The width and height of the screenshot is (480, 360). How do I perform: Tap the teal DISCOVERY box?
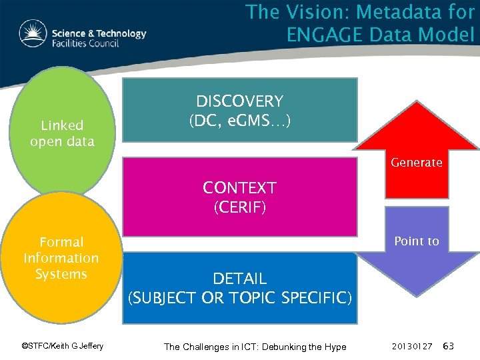click(x=239, y=110)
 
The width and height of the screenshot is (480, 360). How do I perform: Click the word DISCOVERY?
click(x=239, y=101)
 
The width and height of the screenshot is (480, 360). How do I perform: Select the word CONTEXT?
click(x=239, y=188)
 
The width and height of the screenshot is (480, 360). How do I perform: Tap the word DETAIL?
click(x=239, y=279)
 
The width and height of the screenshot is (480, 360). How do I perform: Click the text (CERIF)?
click(x=239, y=207)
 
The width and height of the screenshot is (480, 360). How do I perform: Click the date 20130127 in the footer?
click(x=413, y=347)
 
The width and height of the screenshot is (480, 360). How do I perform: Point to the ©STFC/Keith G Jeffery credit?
click(x=63, y=346)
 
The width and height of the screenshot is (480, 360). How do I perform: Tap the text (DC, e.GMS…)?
click(x=239, y=122)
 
